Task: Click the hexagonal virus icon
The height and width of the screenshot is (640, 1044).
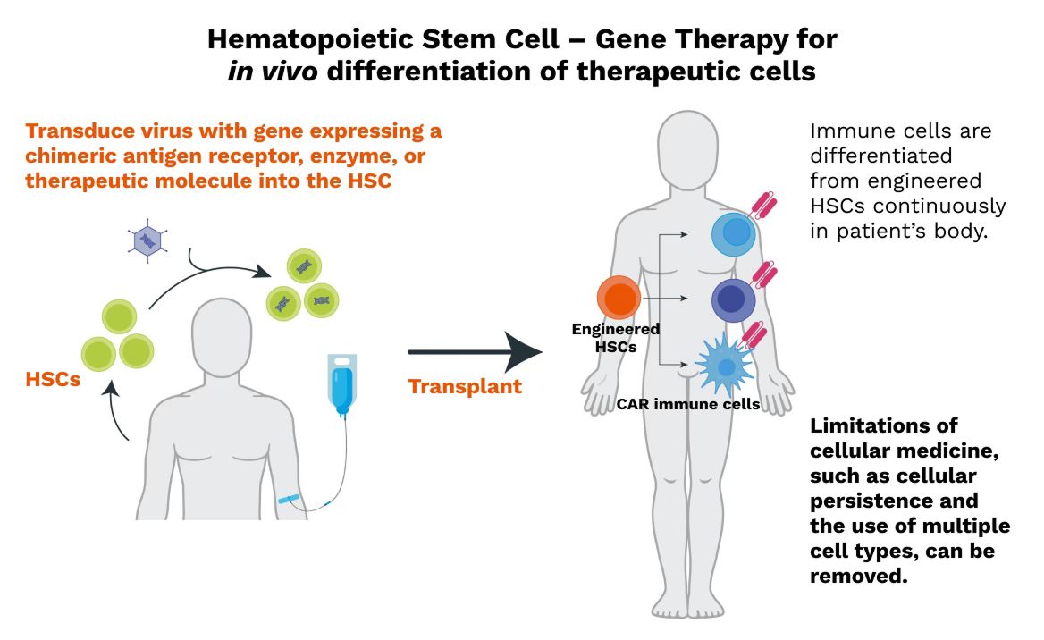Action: [146, 240]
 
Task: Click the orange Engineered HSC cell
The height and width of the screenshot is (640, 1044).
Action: [619, 298]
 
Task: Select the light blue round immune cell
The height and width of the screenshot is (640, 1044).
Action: [734, 234]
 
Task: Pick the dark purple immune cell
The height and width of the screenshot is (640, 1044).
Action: [734, 300]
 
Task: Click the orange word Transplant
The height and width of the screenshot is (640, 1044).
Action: [465, 387]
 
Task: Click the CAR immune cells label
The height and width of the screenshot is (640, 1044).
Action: [688, 404]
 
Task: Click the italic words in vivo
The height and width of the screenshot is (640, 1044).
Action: [273, 72]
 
